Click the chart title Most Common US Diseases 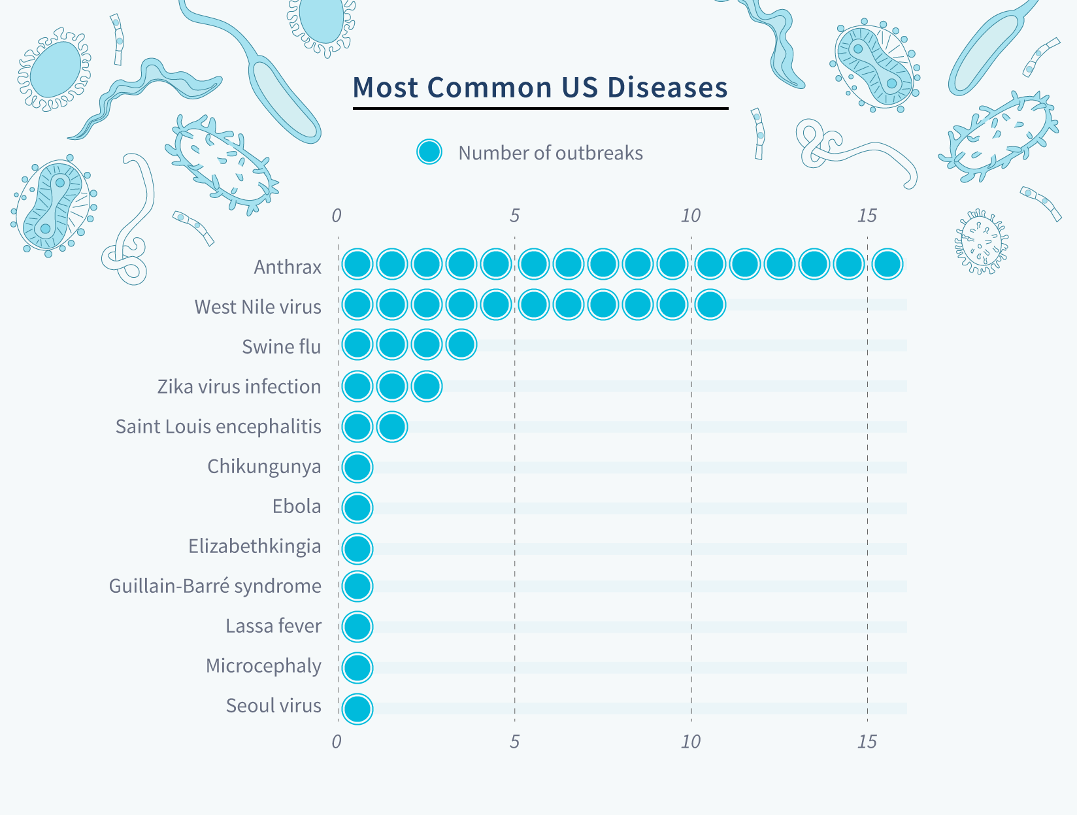pos(540,88)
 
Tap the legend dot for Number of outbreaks pos(429,152)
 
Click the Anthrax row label pos(288,267)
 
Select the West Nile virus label pos(257,307)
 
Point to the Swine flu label pos(281,346)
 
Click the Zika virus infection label pos(239,386)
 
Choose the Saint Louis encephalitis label pos(218,426)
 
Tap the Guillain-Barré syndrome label pos(215,586)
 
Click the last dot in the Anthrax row pos(887,264)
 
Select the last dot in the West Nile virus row pos(710,304)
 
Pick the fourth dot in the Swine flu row pos(461,344)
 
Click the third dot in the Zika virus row pos(427,386)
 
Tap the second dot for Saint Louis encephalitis pos(392,427)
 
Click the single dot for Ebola pos(357,507)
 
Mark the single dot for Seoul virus pos(357,708)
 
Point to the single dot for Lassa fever pos(357,626)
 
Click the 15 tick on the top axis pos(867,216)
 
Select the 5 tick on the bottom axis pos(514,742)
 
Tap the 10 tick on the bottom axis pos(690,742)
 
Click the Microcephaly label pos(263,665)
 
